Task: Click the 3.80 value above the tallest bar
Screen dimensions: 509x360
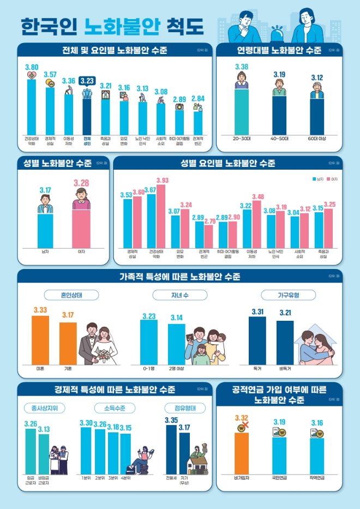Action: point(32,67)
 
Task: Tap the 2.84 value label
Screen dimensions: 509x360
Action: point(198,98)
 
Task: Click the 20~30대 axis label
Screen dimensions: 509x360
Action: point(241,139)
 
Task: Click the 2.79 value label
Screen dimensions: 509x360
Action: point(209,221)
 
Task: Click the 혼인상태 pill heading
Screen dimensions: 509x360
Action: point(72,295)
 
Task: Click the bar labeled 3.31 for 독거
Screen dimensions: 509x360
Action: point(257,340)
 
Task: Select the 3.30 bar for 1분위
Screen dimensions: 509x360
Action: point(86,451)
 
